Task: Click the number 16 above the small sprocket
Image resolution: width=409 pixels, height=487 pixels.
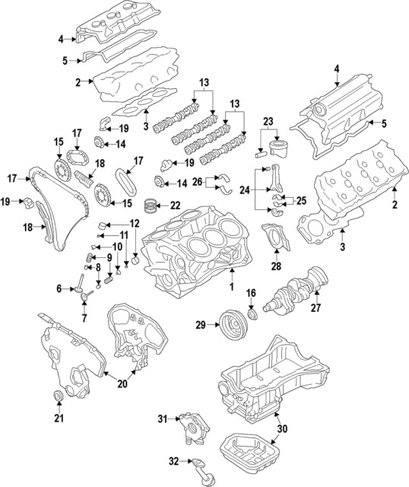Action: coord(251,294)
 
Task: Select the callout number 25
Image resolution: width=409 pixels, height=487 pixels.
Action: coord(301,202)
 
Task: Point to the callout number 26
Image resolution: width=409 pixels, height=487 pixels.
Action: coord(197,182)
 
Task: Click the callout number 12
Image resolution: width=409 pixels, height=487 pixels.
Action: coord(134,224)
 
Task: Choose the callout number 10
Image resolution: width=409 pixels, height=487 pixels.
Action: coord(117,247)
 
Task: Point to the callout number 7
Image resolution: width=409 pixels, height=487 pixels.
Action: coord(83,316)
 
